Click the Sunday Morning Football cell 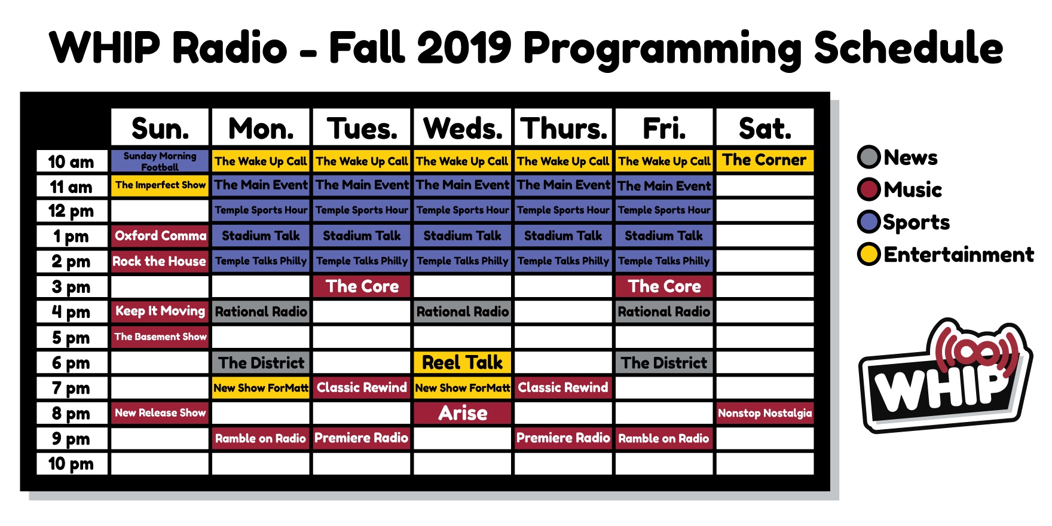click(x=160, y=161)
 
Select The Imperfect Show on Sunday click(x=160, y=185)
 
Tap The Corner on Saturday click(x=764, y=161)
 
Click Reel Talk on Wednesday click(x=463, y=363)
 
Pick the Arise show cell click(x=463, y=413)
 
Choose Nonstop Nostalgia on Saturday click(x=764, y=413)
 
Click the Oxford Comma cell click(x=160, y=236)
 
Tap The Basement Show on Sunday click(x=160, y=337)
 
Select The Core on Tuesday click(x=362, y=286)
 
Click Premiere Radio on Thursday click(x=563, y=438)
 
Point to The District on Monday click(x=261, y=363)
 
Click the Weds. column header click(x=463, y=127)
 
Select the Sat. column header click(x=764, y=127)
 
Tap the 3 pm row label click(x=72, y=287)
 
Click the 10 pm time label click(x=72, y=464)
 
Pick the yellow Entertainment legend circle click(x=869, y=254)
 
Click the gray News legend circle click(x=869, y=157)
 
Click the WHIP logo click(x=946, y=375)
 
